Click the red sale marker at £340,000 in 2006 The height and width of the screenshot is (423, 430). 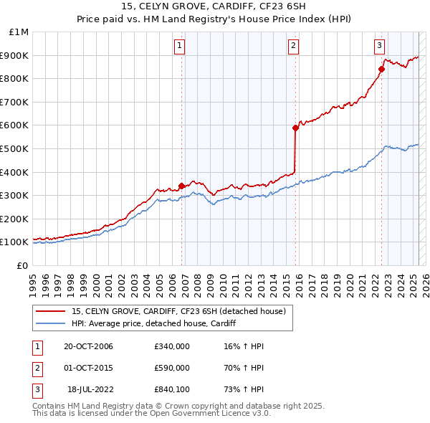(x=182, y=186)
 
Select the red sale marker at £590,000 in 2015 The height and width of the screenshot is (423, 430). (x=295, y=128)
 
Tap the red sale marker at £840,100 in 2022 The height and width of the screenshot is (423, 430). (x=381, y=69)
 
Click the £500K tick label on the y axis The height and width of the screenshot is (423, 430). (x=15, y=148)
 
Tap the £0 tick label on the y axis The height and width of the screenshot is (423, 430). (x=23, y=265)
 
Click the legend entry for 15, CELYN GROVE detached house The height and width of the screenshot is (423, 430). (x=178, y=311)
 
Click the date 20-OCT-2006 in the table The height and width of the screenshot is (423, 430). (x=88, y=346)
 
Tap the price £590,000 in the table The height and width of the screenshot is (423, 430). (x=172, y=368)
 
